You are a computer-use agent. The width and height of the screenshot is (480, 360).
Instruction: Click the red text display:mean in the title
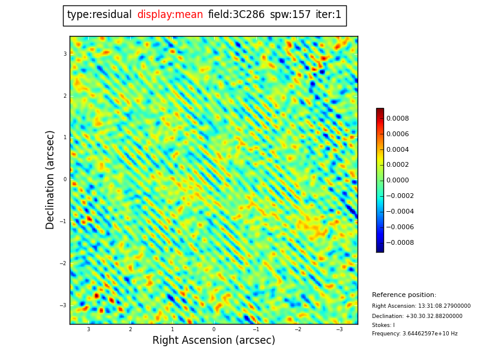coord(170,15)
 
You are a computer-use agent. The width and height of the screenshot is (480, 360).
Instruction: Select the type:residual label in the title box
coord(99,15)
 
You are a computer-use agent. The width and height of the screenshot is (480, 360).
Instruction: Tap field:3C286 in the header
coord(236,15)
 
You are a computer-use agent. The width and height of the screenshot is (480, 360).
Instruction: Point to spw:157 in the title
coord(290,15)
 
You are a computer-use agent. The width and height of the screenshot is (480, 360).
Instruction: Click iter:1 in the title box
coord(328,15)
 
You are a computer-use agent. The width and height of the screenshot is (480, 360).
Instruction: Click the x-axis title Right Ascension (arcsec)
coord(214,341)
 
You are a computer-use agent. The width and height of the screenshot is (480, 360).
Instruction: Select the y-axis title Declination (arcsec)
coord(51,179)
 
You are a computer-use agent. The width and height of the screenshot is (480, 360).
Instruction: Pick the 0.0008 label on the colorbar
coord(397,119)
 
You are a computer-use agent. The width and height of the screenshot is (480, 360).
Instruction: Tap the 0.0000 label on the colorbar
coord(397,181)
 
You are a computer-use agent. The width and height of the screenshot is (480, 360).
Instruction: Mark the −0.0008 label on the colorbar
coord(399,243)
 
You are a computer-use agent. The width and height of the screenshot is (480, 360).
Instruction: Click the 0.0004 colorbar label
coord(397,150)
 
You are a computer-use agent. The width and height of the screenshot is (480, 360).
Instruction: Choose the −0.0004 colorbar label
coord(399,212)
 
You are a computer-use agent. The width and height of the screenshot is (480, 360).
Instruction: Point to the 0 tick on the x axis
coord(214,329)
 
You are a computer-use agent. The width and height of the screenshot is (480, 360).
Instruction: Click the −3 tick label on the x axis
coord(338,329)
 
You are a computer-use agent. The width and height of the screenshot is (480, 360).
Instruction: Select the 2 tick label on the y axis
coord(65,96)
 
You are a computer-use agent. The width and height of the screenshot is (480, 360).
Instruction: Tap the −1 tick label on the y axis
coord(63,221)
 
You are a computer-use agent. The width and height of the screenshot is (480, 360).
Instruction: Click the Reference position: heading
coord(404,295)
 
